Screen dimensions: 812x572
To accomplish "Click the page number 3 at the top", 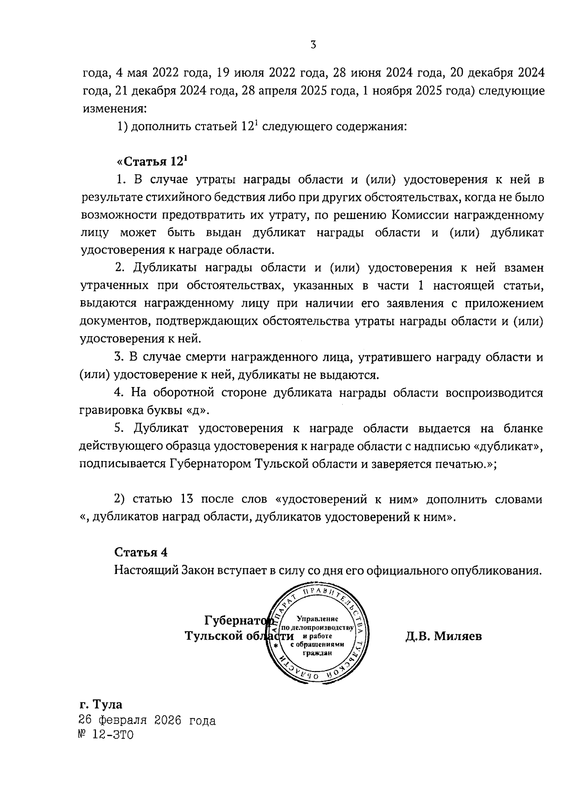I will point(313,46).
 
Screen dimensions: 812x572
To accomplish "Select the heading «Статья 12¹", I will point(152,161).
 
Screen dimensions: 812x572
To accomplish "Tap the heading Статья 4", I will point(141,552).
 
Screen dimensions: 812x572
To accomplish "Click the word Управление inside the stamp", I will point(317,619).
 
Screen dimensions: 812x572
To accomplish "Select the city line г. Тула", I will point(101,704).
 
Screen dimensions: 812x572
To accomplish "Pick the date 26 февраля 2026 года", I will point(147,721).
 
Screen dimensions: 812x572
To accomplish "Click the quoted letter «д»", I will point(197,410).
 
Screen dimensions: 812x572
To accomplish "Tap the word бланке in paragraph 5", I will point(521,428).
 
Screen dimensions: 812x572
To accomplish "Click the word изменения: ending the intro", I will point(115,109).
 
